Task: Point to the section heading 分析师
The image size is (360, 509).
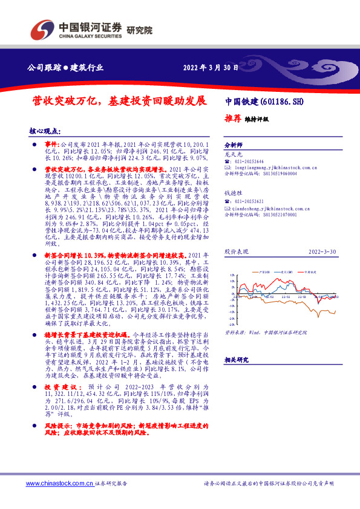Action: point(233,146)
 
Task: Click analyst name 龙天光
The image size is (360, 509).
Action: point(232,154)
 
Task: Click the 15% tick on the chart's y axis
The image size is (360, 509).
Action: point(230,275)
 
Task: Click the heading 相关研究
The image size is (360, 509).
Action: point(235,359)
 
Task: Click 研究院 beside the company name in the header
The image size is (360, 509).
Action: point(140,30)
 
